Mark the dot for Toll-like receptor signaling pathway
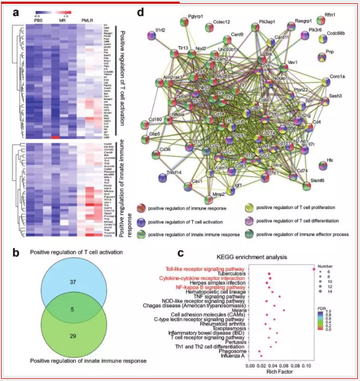(x=313, y=269)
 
